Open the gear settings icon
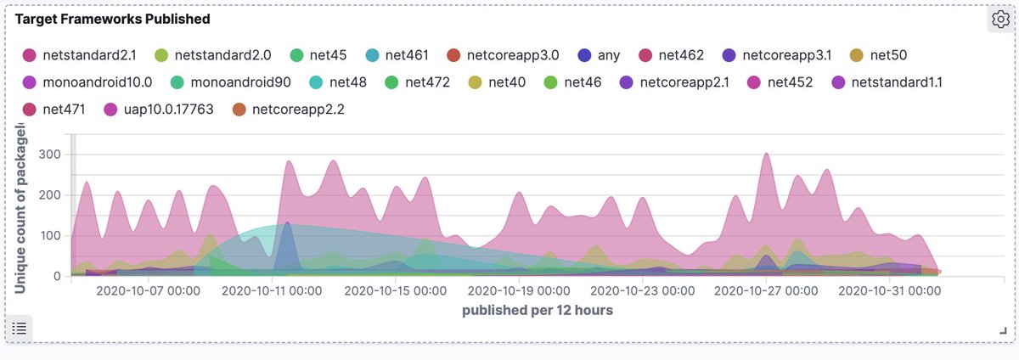tap(999, 20)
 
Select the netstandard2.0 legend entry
tap(222, 56)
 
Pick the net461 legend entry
tap(406, 56)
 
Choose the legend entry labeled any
tap(608, 56)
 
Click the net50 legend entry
tap(888, 56)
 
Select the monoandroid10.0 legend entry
tap(99, 83)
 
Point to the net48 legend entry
tap(347, 83)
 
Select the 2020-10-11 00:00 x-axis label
tap(272, 290)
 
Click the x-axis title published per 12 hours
tap(538, 311)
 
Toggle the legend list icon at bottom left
tap(20, 328)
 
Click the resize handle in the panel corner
tap(1003, 330)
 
